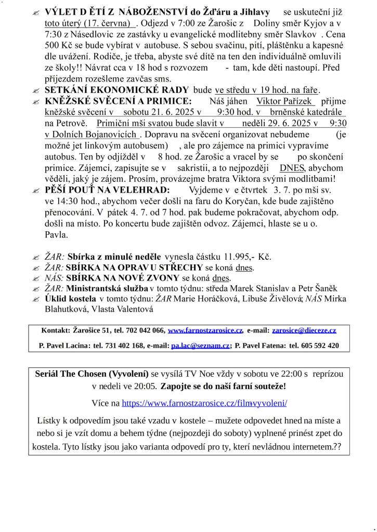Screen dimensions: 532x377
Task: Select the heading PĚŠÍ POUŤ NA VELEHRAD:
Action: click(107, 190)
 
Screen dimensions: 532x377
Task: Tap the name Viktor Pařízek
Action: click(285, 101)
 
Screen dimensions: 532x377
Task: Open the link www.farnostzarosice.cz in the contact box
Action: click(205, 330)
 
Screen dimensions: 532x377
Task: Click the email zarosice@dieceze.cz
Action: click(304, 330)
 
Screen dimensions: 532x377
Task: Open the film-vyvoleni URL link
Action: click(204, 403)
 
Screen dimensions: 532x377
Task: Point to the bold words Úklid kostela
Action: click(70, 299)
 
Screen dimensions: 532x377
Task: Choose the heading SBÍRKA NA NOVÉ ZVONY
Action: click(123, 277)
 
